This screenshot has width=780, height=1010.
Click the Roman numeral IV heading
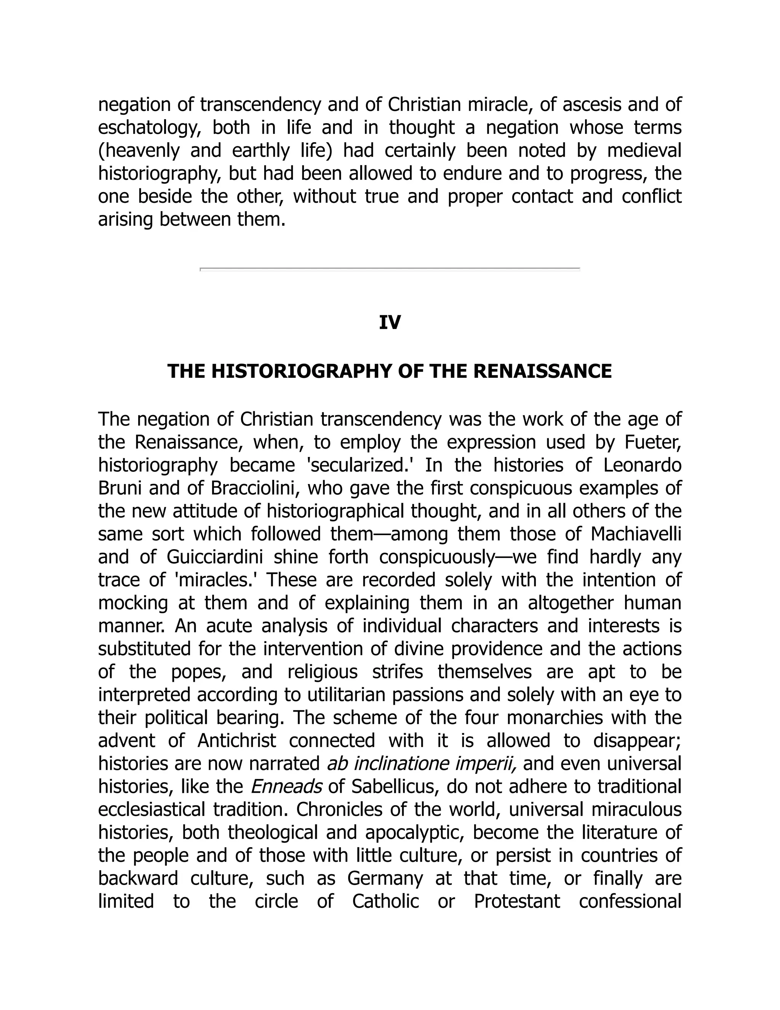click(x=390, y=322)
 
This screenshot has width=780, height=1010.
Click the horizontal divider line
click(x=390, y=268)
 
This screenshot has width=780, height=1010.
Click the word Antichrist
click(x=237, y=741)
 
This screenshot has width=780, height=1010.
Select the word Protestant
click(x=516, y=901)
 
